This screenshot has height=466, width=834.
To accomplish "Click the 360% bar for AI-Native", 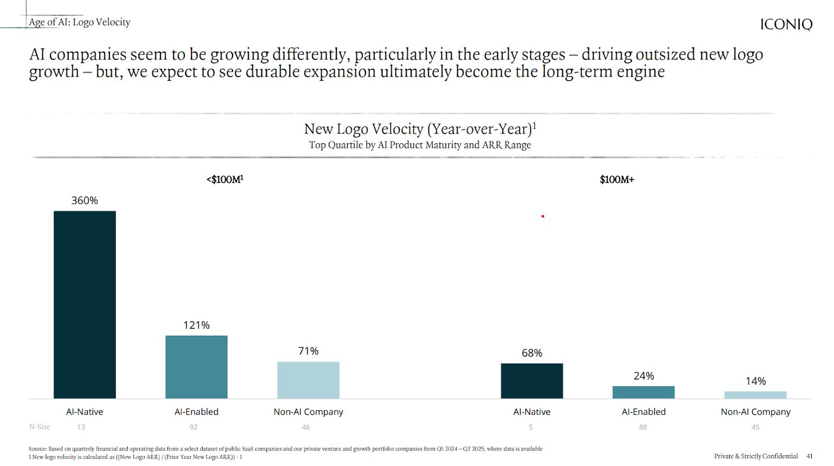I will [84, 304].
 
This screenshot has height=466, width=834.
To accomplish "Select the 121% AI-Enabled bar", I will [197, 367].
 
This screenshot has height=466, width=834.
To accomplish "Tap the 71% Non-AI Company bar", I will [308, 380].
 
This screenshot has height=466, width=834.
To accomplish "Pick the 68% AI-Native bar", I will [532, 381].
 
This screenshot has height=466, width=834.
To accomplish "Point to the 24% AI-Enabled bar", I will [643, 393].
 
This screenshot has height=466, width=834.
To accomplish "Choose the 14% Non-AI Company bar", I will [755, 395].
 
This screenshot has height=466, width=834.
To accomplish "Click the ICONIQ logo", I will [786, 24].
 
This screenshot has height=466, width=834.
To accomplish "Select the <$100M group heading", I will [225, 179].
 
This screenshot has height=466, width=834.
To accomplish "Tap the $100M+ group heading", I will [617, 179].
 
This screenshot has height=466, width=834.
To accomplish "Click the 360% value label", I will [84, 201].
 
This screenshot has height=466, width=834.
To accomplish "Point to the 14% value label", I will [755, 381].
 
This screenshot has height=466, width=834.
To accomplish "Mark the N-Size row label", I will [40, 427].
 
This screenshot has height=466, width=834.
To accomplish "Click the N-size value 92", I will [193, 427].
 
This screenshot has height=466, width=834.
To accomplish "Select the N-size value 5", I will [531, 427].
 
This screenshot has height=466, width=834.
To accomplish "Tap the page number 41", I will [810, 456].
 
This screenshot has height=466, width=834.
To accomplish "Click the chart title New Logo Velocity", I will [420, 129].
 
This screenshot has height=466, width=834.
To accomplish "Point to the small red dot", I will [543, 216].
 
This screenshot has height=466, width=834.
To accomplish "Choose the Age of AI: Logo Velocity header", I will [79, 22].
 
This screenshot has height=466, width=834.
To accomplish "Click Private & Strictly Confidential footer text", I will [756, 456].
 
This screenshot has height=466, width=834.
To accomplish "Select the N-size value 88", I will [643, 427].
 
